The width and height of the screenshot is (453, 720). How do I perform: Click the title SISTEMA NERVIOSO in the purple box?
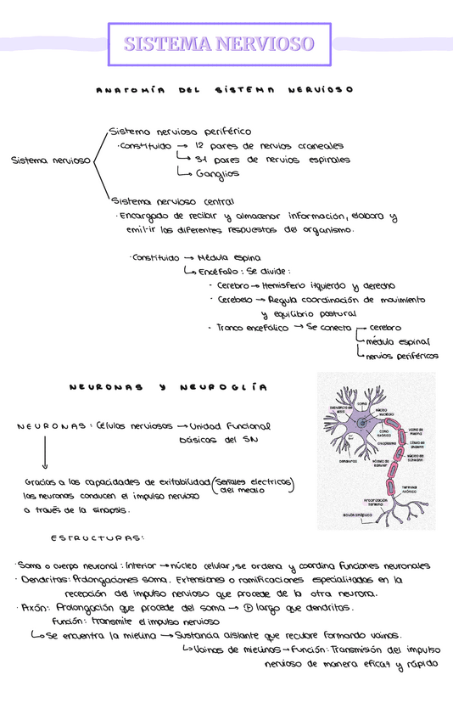point(220,44)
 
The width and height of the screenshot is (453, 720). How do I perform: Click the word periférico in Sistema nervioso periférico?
point(222,132)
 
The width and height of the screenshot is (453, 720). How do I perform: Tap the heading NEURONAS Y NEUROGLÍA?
point(167,387)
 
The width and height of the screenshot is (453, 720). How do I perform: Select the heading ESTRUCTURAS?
point(97,537)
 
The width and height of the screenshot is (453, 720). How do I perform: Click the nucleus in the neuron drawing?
point(362,422)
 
